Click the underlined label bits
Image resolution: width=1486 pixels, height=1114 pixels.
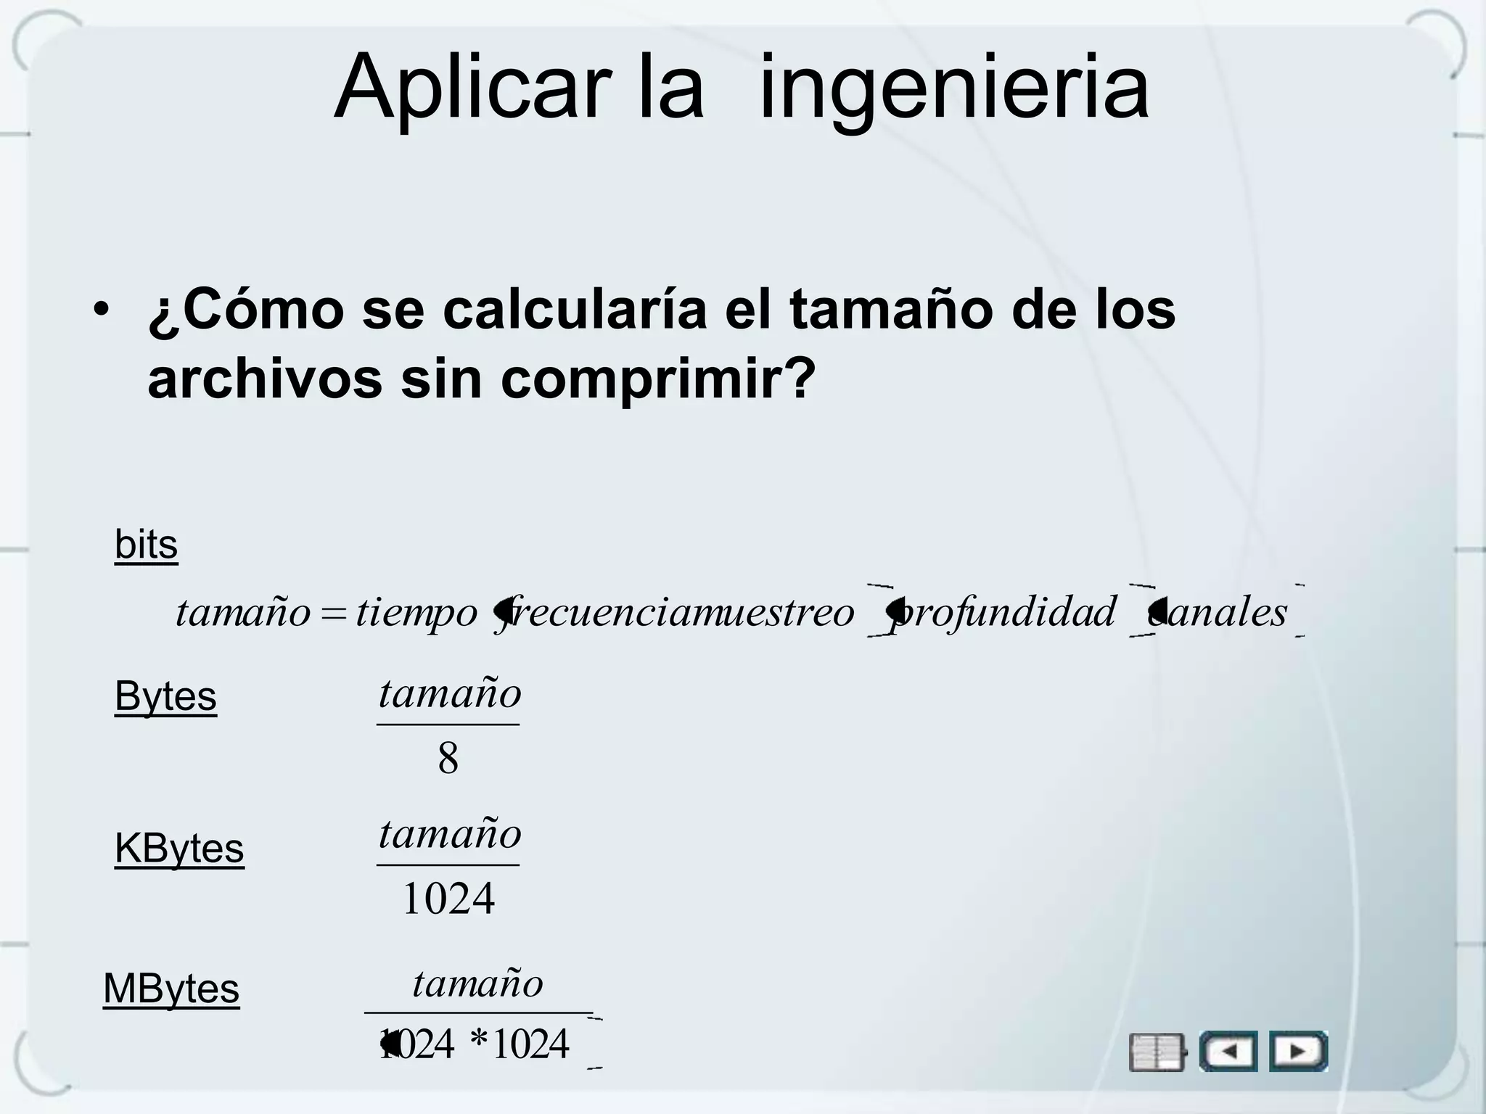146,545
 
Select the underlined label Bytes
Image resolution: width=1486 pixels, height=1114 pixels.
165,696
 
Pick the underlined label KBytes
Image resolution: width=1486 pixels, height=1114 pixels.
179,848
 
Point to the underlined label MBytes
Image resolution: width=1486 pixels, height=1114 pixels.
171,988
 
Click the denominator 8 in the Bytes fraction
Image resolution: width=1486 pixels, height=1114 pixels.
448,759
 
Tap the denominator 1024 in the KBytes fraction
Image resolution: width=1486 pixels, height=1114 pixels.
448,899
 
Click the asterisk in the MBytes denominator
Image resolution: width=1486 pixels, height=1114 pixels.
479,1043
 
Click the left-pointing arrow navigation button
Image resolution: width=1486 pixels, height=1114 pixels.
1228,1051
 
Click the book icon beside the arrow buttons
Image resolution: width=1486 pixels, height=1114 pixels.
1157,1052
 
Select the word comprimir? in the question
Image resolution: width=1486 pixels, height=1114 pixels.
658,379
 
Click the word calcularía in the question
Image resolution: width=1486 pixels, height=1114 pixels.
574,310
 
